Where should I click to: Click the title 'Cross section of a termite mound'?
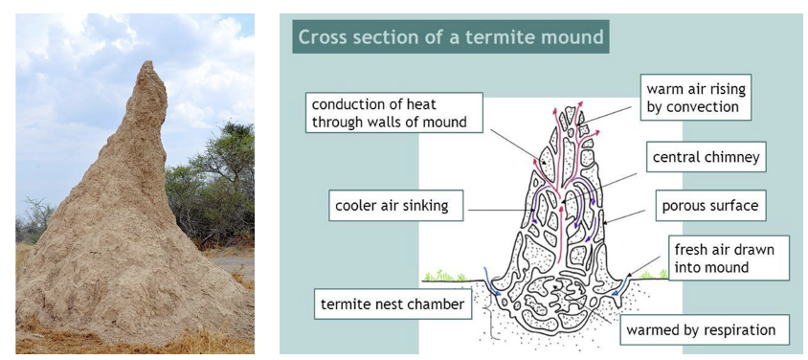(450, 37)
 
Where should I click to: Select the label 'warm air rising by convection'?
(696, 98)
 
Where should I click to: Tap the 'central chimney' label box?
(706, 157)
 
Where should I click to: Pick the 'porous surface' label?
(710, 206)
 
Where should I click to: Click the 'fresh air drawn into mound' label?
(729, 258)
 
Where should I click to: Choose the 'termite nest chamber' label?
(393, 304)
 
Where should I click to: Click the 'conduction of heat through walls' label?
(393, 113)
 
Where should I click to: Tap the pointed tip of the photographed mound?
(149, 62)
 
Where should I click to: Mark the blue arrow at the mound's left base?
(492, 282)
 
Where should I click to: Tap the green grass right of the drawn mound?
(654, 276)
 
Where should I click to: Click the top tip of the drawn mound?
(570, 107)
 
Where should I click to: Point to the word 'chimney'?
(729, 158)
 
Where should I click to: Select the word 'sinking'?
(428, 207)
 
